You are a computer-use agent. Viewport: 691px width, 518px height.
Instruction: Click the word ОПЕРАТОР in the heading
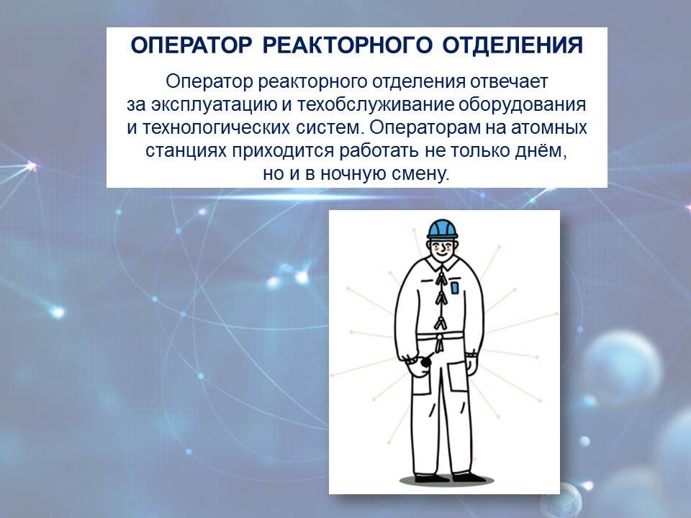click(x=191, y=45)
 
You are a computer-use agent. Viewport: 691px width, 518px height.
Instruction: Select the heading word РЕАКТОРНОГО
click(x=347, y=45)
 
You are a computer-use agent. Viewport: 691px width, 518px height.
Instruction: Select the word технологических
click(x=216, y=128)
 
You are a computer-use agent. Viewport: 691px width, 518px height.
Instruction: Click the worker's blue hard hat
click(x=442, y=229)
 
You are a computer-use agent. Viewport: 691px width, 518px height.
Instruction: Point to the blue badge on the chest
click(x=454, y=288)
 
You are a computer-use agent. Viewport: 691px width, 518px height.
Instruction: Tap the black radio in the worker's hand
click(x=426, y=361)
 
